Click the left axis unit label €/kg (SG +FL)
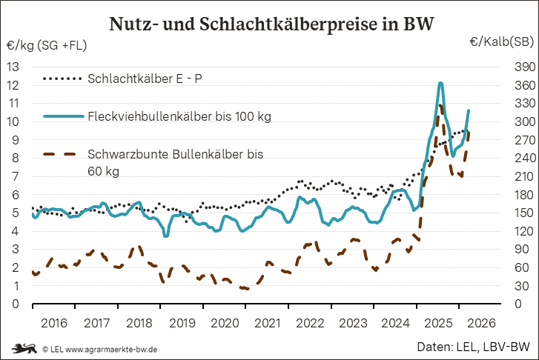tap(46, 46)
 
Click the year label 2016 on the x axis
tap(53, 323)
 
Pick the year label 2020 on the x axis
tap(225, 323)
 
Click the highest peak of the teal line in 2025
tap(440, 83)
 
